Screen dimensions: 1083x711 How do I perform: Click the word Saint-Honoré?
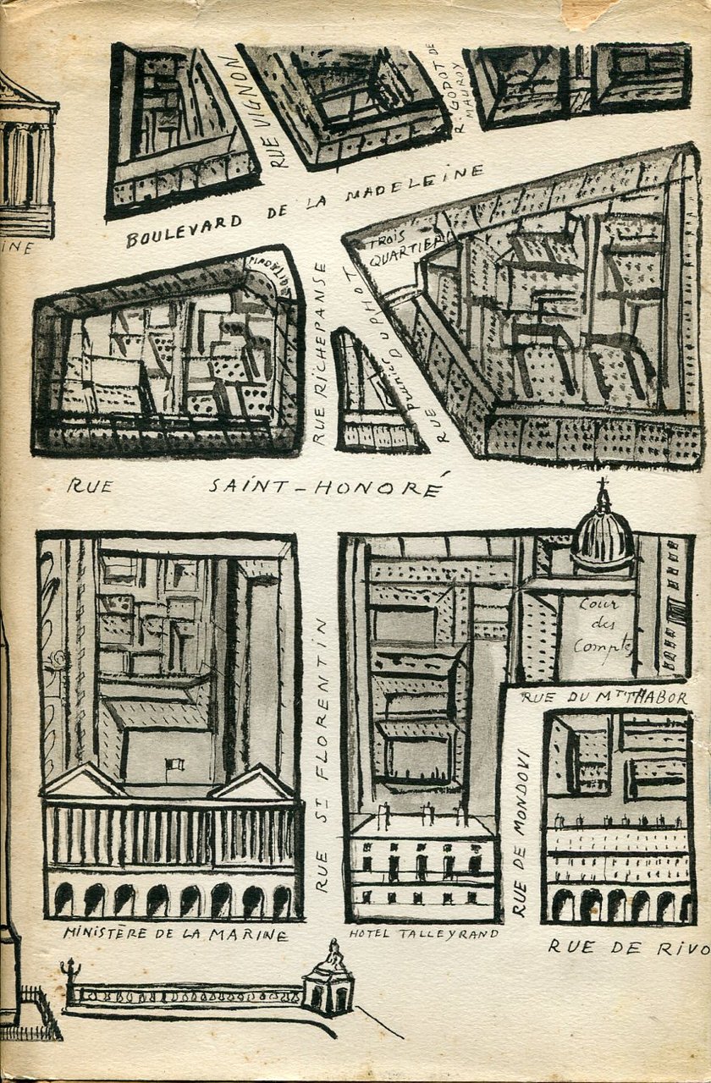(327, 487)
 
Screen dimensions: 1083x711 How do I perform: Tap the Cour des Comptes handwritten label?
(604, 626)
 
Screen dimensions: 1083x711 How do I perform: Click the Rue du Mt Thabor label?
(604, 697)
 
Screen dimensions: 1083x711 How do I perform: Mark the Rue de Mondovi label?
(520, 833)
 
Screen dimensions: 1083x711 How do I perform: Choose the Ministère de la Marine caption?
(174, 934)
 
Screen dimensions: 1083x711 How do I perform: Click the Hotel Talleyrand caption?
(423, 933)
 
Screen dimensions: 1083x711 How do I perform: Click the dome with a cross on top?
(602, 533)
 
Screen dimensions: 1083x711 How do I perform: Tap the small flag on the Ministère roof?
(175, 765)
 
